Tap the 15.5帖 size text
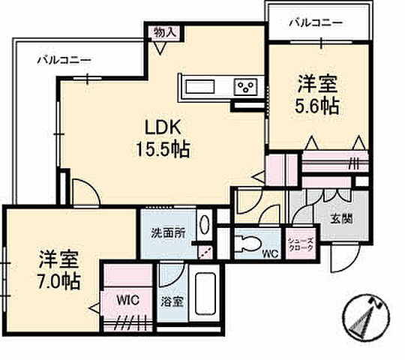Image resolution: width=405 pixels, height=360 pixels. tap(157, 148)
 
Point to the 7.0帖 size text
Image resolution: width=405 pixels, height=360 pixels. tap(61, 283)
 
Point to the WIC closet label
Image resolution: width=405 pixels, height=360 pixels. tap(127, 299)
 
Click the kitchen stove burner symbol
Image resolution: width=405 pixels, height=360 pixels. tap(246, 87)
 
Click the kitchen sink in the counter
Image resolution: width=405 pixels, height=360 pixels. tap(199, 86)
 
